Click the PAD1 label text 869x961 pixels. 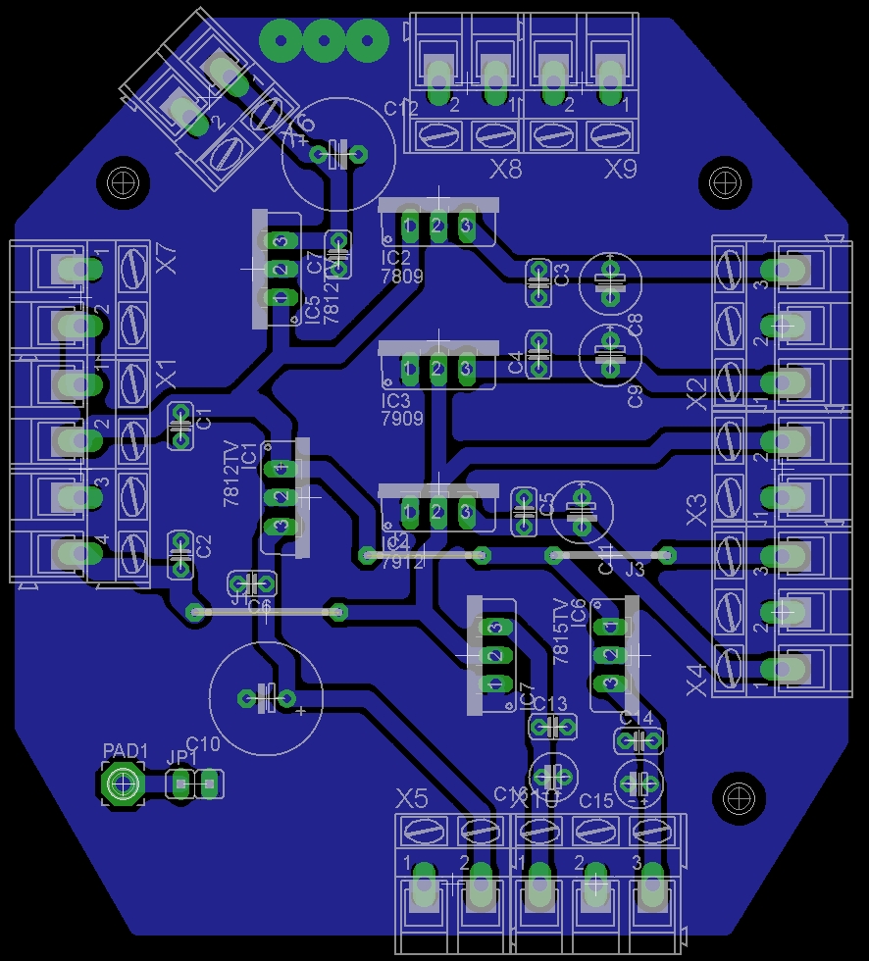[x=125, y=751]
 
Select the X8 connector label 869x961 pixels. [x=506, y=170]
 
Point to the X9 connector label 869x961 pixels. [x=621, y=170]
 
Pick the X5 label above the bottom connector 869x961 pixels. [x=413, y=798]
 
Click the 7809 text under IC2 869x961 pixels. [x=401, y=277]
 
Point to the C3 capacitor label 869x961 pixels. [x=562, y=274]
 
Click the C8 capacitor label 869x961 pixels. [x=635, y=325]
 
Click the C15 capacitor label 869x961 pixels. [x=595, y=801]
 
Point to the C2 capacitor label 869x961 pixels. [x=204, y=546]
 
